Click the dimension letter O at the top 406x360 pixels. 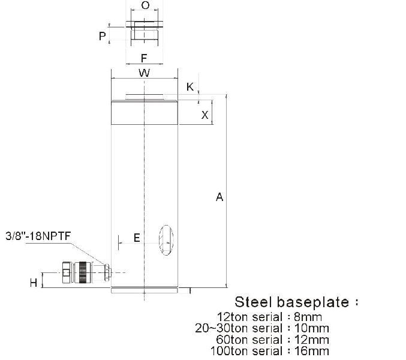(x=145, y=6)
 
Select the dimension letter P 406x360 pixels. (x=103, y=37)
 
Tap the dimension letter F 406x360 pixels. (x=144, y=58)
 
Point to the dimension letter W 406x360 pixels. (x=144, y=73)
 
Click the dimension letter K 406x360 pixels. (x=190, y=87)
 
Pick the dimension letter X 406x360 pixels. (x=204, y=115)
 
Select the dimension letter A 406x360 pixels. (x=219, y=197)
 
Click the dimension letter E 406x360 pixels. (x=137, y=238)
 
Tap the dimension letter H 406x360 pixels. (x=34, y=283)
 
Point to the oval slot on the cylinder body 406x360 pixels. (x=166, y=240)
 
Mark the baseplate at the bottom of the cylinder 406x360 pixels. (x=145, y=290)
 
